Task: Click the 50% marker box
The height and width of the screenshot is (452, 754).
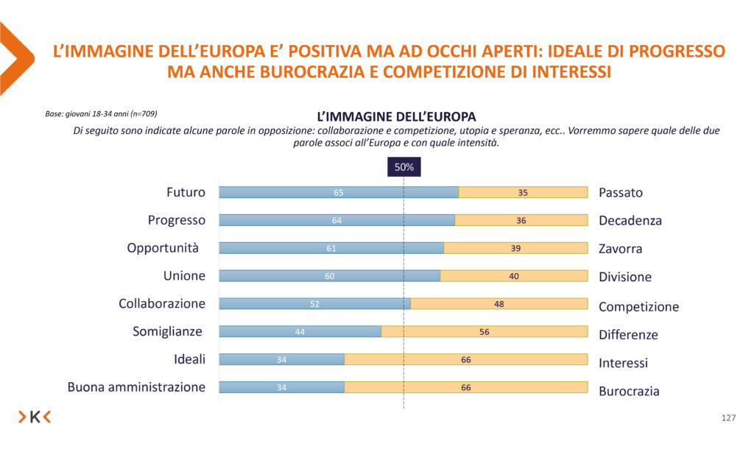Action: (404, 167)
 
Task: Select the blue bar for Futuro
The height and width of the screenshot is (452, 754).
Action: (339, 193)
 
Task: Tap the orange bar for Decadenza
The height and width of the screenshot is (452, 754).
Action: (521, 220)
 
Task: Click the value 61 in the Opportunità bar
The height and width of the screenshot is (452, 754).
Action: (331, 249)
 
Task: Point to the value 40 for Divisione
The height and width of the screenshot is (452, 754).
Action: (514, 276)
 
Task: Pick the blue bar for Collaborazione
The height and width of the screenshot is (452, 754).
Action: (314, 303)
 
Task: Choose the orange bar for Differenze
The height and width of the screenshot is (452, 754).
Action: (485, 332)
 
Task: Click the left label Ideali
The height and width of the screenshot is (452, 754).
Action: (190, 359)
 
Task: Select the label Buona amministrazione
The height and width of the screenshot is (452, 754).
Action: (136, 387)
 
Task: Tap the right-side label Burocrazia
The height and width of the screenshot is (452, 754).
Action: (629, 391)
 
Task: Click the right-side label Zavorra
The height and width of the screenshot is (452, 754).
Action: (620, 249)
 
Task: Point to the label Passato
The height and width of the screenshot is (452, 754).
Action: (620, 193)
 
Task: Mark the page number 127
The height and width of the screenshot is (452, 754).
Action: (728, 418)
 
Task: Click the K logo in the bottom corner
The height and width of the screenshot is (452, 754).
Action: (35, 417)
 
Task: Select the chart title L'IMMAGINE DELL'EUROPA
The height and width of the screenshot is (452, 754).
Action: (395, 116)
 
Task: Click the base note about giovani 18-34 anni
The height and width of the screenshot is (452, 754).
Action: (101, 114)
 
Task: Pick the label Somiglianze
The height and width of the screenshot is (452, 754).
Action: (167, 331)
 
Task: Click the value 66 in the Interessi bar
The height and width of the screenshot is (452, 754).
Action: (466, 360)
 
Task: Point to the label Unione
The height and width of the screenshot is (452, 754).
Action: (184, 276)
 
